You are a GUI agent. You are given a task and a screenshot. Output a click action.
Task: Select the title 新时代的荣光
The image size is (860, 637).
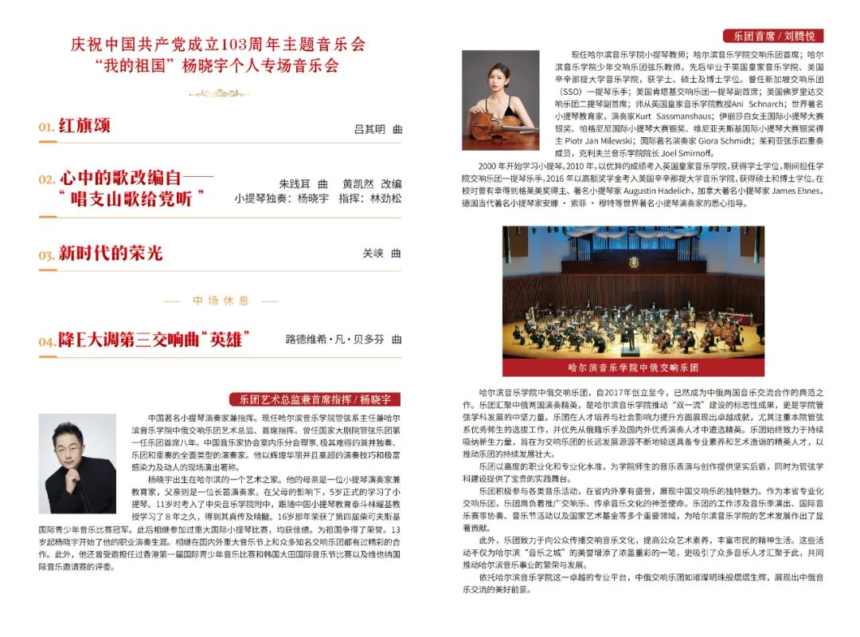[110, 254]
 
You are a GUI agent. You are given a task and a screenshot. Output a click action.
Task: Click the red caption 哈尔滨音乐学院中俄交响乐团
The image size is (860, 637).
[633, 368]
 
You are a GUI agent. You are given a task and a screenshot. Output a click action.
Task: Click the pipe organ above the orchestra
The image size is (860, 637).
[633, 247]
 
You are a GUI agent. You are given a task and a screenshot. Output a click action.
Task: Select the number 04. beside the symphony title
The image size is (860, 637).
[46, 341]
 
